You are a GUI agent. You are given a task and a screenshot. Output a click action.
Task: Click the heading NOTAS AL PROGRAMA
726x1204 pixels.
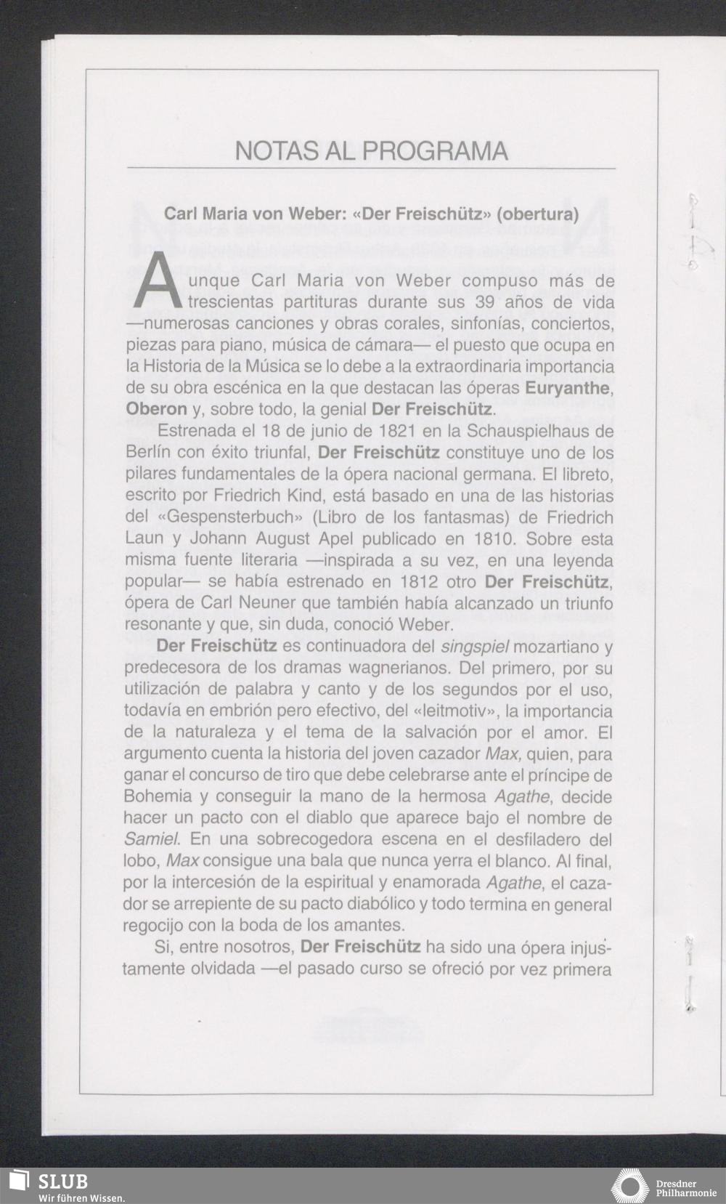(371, 150)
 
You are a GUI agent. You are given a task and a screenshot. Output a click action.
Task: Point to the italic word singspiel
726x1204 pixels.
(474, 647)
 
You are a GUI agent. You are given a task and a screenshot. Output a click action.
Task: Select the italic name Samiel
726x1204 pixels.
(151, 839)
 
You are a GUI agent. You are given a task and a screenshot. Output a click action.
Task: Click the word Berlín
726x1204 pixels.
(148, 453)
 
